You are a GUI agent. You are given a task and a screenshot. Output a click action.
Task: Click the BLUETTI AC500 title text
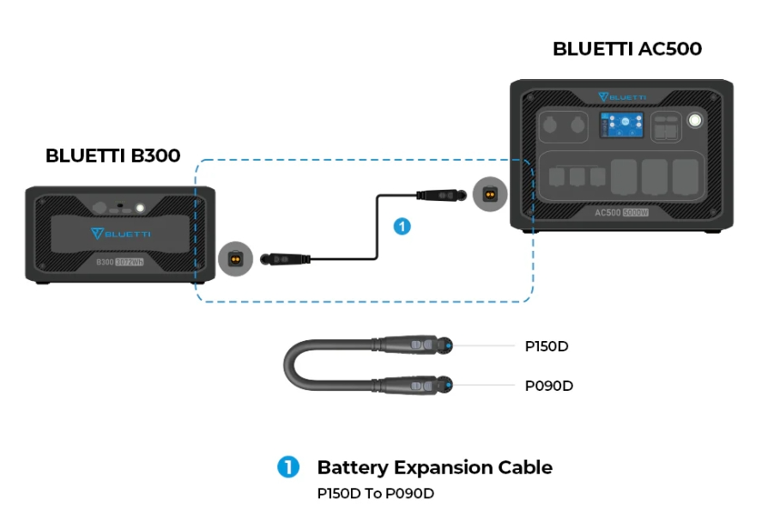[626, 49]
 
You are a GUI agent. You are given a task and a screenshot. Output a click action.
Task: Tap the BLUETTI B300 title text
[112, 155]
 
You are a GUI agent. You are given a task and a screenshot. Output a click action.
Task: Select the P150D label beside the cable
[547, 346]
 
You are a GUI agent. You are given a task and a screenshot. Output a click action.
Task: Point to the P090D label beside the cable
[548, 386]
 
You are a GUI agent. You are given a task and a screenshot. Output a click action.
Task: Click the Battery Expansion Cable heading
[434, 467]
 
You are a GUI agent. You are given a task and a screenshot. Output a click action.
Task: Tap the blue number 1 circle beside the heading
[287, 467]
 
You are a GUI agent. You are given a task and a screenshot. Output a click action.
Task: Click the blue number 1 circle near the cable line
[402, 227]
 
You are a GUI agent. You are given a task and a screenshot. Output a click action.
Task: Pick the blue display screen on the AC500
[622, 125]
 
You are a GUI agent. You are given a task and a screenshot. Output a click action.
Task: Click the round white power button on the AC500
[694, 121]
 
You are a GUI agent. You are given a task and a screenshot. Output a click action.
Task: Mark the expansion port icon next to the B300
[234, 257]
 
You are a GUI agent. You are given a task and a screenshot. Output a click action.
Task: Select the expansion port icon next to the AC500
[489, 195]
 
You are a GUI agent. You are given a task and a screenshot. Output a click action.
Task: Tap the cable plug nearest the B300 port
[284, 257]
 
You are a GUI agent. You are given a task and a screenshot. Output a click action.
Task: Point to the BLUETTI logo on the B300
[121, 232]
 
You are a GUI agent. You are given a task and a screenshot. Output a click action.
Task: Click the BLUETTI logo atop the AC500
[622, 96]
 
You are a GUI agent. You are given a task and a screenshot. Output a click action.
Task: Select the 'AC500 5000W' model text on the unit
[620, 211]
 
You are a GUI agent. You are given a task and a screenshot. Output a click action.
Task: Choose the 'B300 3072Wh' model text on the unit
[120, 261]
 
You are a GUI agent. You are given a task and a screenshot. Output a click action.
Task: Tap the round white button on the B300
[138, 208]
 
